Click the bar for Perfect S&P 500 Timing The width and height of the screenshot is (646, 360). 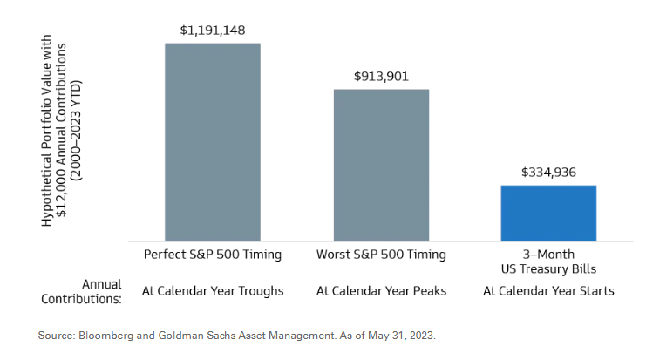(x=213, y=142)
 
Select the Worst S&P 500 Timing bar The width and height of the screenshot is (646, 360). (x=381, y=165)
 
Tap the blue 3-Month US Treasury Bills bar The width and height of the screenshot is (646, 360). (x=548, y=213)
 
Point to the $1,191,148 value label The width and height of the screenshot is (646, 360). (x=213, y=31)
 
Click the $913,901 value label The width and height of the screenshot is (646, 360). (x=381, y=77)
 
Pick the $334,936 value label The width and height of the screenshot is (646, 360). (x=548, y=173)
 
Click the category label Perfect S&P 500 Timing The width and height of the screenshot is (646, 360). (x=213, y=255)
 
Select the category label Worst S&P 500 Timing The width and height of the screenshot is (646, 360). (x=381, y=255)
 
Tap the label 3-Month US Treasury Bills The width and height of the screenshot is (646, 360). (x=548, y=262)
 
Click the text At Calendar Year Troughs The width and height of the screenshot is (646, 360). (x=213, y=291)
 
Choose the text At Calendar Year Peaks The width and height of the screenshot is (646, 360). (x=381, y=291)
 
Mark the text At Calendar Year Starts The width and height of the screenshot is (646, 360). (x=548, y=291)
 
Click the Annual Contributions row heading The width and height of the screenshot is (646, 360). (x=81, y=291)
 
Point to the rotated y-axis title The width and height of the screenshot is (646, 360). (x=61, y=131)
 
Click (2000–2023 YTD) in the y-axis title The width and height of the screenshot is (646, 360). (x=77, y=131)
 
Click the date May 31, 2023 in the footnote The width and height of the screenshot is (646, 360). (x=400, y=336)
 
